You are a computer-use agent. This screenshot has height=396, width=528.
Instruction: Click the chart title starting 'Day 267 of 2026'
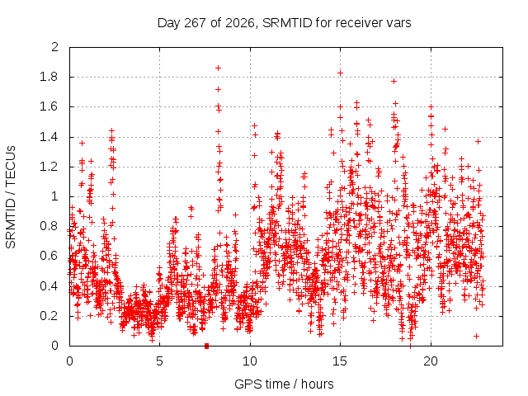[284, 23]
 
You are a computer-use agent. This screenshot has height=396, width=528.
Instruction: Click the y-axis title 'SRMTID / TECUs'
[11, 197]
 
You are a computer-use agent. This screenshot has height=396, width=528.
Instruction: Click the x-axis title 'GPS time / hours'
[284, 384]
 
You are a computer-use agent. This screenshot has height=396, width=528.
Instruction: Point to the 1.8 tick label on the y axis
[49, 77]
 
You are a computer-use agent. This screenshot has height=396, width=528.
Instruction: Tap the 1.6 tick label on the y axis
[49, 106]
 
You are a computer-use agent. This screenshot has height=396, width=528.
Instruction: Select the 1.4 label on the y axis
[49, 137]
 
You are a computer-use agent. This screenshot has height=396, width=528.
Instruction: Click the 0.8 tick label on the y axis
[49, 225]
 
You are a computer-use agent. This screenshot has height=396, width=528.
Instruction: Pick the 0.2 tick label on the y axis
[49, 316]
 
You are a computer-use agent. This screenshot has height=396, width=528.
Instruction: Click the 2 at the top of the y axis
[55, 47]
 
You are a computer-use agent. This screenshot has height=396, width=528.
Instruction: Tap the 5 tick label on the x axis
[159, 361]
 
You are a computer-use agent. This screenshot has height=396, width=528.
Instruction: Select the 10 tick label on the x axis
[250, 361]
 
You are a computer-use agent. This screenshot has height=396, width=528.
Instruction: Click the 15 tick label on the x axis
[340, 361]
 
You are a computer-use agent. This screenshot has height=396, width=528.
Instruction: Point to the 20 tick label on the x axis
[431, 361]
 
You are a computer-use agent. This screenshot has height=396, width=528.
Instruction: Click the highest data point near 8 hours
[218, 68]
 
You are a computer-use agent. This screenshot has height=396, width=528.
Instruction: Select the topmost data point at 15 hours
[341, 73]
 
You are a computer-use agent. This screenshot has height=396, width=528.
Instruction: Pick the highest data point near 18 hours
[394, 81]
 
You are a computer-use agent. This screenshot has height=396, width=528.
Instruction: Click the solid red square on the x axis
[207, 346]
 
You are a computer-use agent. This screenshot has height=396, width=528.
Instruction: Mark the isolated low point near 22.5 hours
[476, 336]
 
